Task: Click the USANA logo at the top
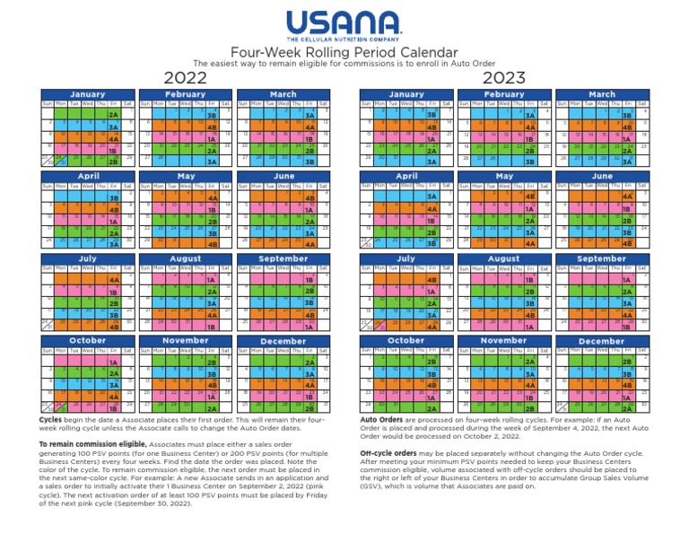[344, 22]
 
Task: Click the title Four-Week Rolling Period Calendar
[344, 53]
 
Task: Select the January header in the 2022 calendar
[87, 93]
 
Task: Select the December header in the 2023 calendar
[602, 341]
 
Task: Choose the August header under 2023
[504, 258]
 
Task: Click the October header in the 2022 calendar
[87, 341]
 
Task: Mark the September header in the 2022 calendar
[283, 258]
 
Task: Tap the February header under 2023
[504, 93]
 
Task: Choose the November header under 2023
[504, 341]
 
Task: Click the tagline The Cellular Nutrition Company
[344, 40]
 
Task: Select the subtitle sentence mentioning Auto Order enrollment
[344, 64]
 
